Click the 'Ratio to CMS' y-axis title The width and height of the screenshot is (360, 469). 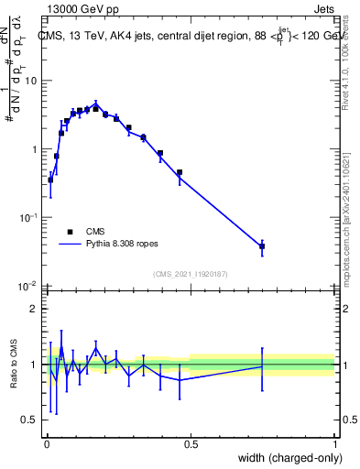tap(16, 364)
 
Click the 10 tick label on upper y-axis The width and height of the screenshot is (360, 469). tap(30, 81)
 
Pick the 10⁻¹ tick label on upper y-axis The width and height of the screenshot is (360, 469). tap(27, 217)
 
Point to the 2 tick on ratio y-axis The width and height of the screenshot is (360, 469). tap(34, 309)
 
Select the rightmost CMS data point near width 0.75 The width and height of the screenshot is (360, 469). tap(262, 246)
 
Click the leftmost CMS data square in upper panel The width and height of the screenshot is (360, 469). tap(50, 180)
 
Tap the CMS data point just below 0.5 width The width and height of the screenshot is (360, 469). tap(180, 172)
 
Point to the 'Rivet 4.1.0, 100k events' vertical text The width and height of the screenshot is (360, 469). tap(352, 55)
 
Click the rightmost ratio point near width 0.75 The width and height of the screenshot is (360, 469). tap(262, 366)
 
